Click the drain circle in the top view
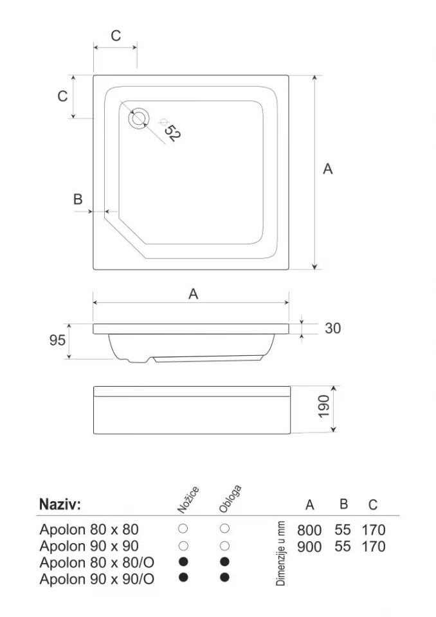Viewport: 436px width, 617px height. (x=139, y=118)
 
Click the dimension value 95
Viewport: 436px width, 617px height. (x=57, y=340)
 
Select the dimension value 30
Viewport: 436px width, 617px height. (x=332, y=328)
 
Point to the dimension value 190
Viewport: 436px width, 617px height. (x=323, y=407)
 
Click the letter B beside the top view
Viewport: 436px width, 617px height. (x=78, y=199)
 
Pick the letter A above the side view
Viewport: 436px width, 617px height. (x=193, y=293)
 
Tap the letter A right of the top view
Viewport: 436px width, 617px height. (x=327, y=169)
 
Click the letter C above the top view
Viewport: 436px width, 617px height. (x=116, y=36)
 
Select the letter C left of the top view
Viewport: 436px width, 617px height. (x=62, y=96)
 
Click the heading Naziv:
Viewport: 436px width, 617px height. (x=60, y=504)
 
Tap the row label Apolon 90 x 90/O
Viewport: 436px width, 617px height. (x=96, y=579)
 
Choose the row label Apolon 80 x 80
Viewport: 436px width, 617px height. (x=89, y=530)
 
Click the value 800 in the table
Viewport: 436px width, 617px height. (x=309, y=530)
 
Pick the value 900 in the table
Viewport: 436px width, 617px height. (x=309, y=547)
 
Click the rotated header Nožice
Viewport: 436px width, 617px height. (x=188, y=500)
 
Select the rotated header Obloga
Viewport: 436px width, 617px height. (x=230, y=499)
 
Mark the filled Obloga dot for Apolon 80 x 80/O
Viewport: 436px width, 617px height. (x=224, y=562)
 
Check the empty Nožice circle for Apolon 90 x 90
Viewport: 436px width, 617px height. (x=183, y=546)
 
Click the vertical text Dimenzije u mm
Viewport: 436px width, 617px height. (x=281, y=554)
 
